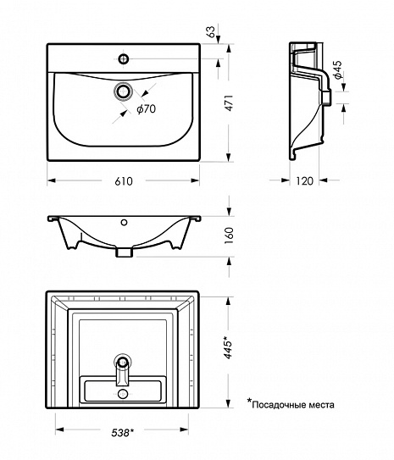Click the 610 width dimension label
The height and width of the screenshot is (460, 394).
124,181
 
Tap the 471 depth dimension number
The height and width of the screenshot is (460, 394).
229,103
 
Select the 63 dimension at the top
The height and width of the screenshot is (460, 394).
211,31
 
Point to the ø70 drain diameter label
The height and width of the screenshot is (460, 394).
146,108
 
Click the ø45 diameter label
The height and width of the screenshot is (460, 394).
338,69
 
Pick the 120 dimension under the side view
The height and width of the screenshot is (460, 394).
304,181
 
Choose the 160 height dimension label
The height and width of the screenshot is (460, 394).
229,236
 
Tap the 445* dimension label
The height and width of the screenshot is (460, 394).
229,347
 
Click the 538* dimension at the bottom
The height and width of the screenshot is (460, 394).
122,432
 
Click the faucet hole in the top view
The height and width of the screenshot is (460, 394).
124,58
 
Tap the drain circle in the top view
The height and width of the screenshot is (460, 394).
124,91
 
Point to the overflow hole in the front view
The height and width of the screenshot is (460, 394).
124,222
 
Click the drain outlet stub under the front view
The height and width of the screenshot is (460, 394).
124,252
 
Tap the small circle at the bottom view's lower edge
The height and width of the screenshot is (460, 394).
122,394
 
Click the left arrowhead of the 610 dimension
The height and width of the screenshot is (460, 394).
52,180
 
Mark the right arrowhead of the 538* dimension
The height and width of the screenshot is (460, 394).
184,430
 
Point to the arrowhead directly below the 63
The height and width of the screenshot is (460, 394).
219,40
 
